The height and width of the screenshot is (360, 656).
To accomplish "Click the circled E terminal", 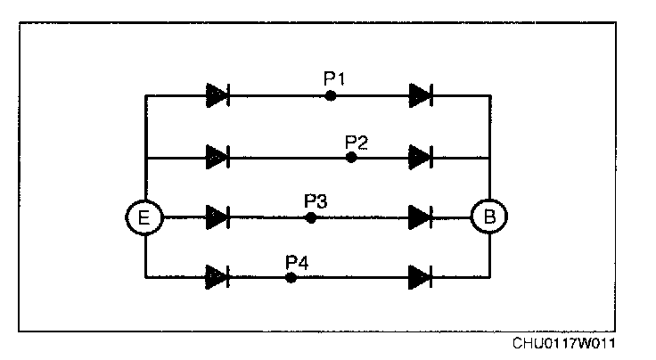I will click(144, 217).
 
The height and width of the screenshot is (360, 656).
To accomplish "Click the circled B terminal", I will click(489, 217).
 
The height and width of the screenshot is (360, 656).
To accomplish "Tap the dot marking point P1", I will click(330, 95).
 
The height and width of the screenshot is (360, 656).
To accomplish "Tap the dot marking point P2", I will click(351, 157).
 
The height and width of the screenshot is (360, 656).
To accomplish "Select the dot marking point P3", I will click(310, 217).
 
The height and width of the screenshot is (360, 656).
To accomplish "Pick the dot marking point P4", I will click(291, 277).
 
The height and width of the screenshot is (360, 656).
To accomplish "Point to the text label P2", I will click(357, 141).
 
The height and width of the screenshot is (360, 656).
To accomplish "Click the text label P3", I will click(316, 200).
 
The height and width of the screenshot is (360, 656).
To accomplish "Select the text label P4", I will click(296, 261).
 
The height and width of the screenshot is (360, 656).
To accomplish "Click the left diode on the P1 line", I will click(217, 94).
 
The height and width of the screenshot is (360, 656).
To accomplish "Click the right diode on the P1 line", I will click(421, 94).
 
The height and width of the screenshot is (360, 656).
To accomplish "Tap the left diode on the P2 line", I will click(217, 157).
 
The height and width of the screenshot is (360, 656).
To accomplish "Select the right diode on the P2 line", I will click(421, 157).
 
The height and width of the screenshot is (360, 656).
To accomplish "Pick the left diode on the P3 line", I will click(217, 217).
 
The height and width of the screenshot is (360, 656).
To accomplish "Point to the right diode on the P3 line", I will click(421, 217).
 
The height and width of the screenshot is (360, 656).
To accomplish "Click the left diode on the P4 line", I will click(217, 277).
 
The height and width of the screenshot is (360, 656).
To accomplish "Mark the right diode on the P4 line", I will click(421, 277).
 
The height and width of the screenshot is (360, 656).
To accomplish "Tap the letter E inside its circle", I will click(144, 217).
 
